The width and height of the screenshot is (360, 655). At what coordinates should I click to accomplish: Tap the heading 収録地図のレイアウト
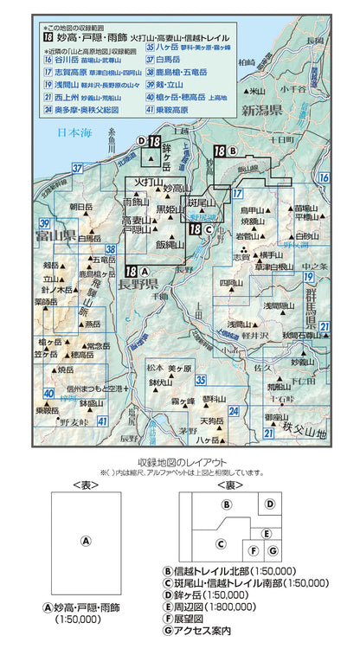(x=179, y=463)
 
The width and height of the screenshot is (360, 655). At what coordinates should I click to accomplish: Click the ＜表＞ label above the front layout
(x=86, y=485)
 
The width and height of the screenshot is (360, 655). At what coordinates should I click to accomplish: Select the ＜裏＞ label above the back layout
(x=227, y=485)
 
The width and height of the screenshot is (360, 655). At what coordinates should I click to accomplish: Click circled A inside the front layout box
(x=86, y=540)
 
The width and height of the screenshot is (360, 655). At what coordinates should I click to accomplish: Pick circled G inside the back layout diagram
(x=271, y=549)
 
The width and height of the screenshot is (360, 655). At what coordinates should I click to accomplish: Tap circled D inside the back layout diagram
(x=271, y=504)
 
